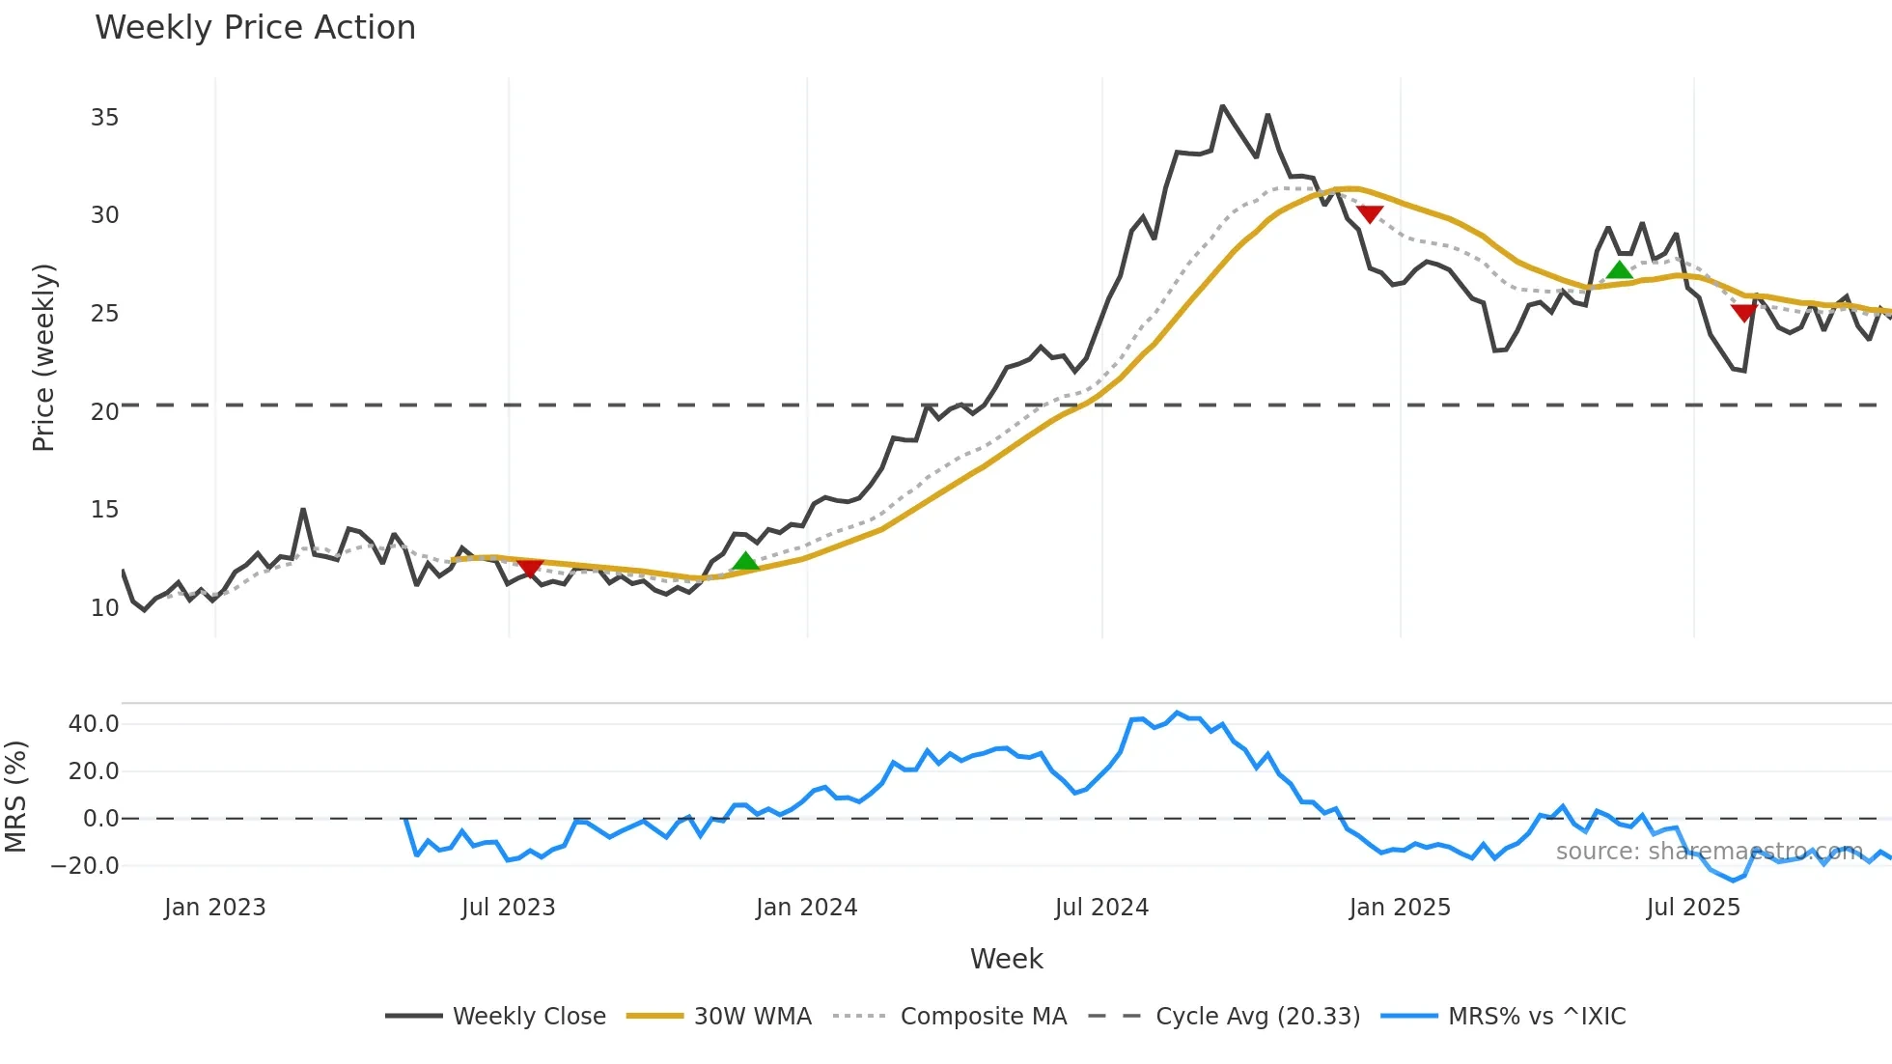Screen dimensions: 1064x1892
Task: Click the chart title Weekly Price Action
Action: [255, 28]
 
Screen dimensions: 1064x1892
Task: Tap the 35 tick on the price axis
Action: [104, 118]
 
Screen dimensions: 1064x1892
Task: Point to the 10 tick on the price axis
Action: [104, 608]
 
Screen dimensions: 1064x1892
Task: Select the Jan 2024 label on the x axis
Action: [806, 908]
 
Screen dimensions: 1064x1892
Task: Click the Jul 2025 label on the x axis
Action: [1693, 908]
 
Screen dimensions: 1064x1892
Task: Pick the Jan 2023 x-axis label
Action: [214, 908]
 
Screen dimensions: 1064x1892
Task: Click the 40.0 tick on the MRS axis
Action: [94, 724]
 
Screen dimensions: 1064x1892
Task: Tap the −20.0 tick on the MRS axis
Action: [85, 866]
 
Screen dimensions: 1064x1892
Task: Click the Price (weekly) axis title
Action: [43, 357]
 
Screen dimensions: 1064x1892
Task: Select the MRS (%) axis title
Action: [15, 797]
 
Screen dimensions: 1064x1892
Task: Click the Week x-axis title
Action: [1006, 959]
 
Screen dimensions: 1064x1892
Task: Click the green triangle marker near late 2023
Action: [745, 562]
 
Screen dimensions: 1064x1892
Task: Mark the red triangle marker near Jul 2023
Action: [530, 568]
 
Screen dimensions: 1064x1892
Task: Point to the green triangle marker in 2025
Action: [1620, 269]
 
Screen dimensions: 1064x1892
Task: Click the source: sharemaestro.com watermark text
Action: [1709, 852]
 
